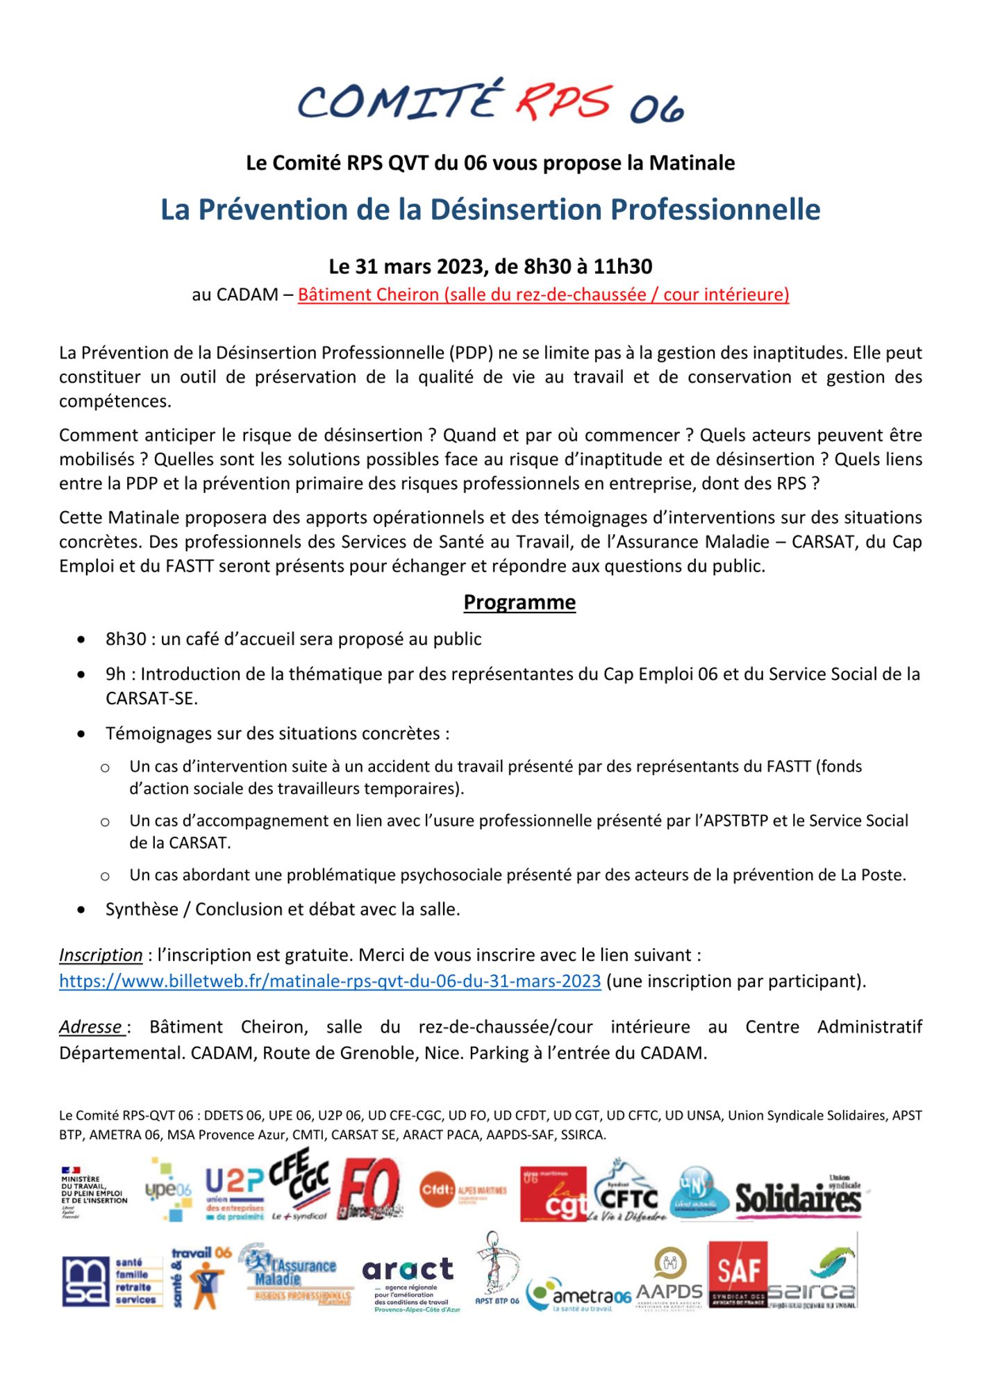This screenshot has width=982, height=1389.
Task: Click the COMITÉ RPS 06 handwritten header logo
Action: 490,102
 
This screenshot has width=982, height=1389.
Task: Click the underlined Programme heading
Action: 519,602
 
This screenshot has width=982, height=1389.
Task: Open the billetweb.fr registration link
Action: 330,981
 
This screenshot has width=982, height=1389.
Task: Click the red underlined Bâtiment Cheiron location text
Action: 543,294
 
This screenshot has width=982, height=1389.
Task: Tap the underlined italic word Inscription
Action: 101,955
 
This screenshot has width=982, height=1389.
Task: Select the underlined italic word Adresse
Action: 91,1026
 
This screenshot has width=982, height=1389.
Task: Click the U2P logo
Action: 234,1194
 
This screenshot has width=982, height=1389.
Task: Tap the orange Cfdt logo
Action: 463,1190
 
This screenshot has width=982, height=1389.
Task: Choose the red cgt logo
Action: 554,1193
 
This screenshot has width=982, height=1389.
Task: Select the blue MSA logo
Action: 85,1281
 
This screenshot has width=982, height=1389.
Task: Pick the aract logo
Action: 408,1272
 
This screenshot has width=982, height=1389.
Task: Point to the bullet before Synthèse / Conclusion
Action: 82,910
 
